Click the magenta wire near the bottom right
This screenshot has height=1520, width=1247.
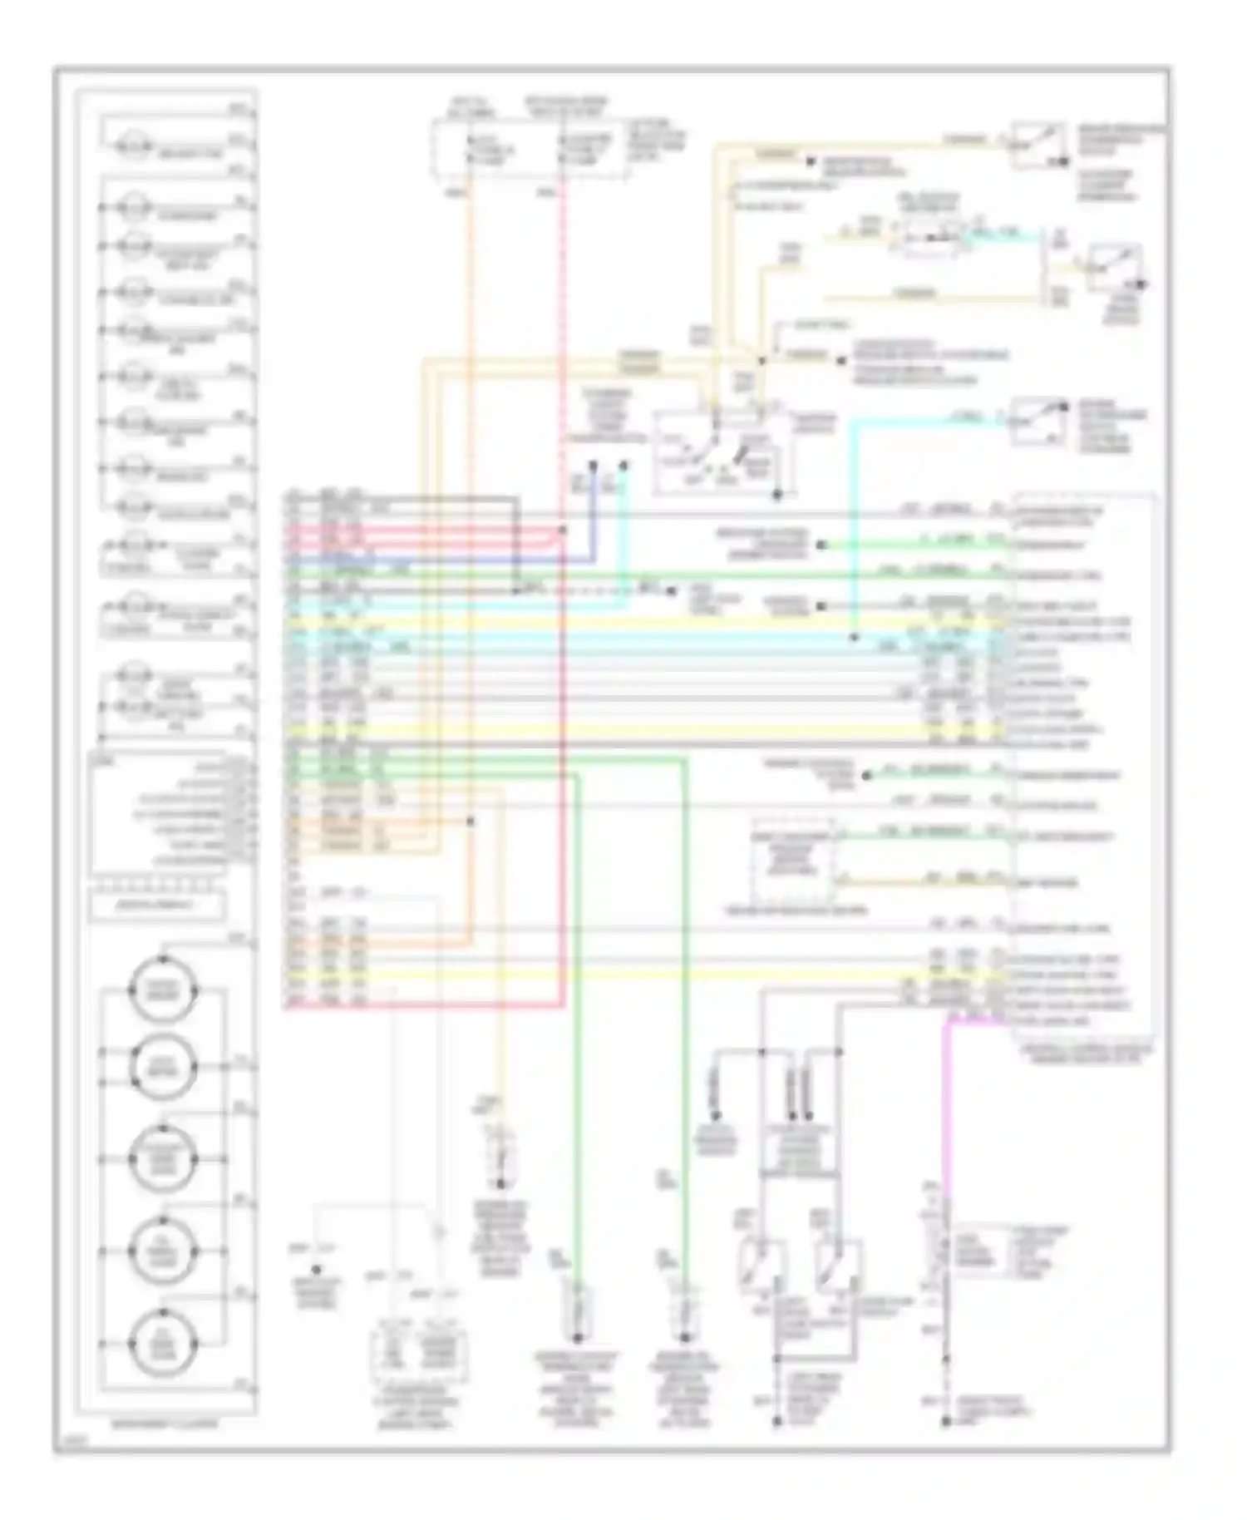click(945, 1106)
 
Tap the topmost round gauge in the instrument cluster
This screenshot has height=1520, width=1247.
click(163, 989)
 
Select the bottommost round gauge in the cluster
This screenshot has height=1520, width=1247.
click(163, 1342)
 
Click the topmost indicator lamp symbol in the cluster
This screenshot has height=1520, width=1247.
click(130, 147)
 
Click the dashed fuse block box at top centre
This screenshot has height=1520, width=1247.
click(529, 148)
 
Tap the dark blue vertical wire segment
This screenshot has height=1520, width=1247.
click(594, 516)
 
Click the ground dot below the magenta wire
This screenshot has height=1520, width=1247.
click(945, 1423)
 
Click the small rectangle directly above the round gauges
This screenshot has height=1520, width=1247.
click(156, 905)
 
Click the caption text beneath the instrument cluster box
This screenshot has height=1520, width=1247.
click(165, 1424)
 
